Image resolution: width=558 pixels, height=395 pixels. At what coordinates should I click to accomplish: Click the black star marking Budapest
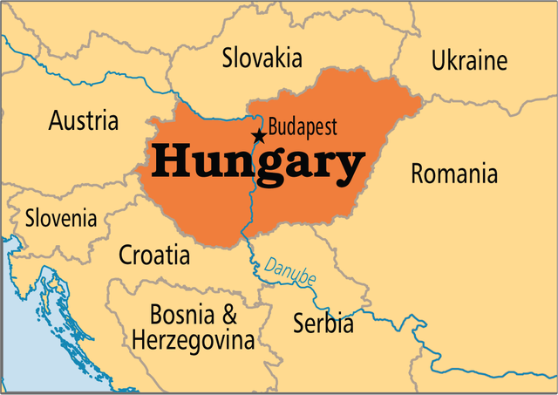[x=258, y=136]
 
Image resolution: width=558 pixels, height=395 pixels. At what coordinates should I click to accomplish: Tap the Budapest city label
[x=303, y=126]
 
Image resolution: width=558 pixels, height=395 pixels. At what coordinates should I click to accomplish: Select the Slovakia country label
[x=262, y=58]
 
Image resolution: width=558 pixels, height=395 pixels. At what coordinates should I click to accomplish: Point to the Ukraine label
[x=469, y=61]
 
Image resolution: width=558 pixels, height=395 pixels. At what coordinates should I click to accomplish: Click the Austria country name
[x=84, y=120]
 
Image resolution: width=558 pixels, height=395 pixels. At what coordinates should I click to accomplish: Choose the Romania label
[x=454, y=174]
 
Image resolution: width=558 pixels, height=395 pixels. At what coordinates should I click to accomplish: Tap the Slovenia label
[x=61, y=218]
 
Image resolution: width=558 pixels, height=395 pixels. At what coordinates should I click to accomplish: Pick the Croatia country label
[x=153, y=255]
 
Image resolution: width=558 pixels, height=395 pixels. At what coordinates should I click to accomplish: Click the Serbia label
[x=323, y=323]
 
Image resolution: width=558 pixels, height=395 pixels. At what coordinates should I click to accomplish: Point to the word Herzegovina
[x=193, y=340]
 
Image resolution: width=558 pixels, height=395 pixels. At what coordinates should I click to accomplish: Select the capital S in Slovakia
[x=228, y=58]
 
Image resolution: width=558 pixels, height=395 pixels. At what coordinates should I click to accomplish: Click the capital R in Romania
[x=418, y=174]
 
